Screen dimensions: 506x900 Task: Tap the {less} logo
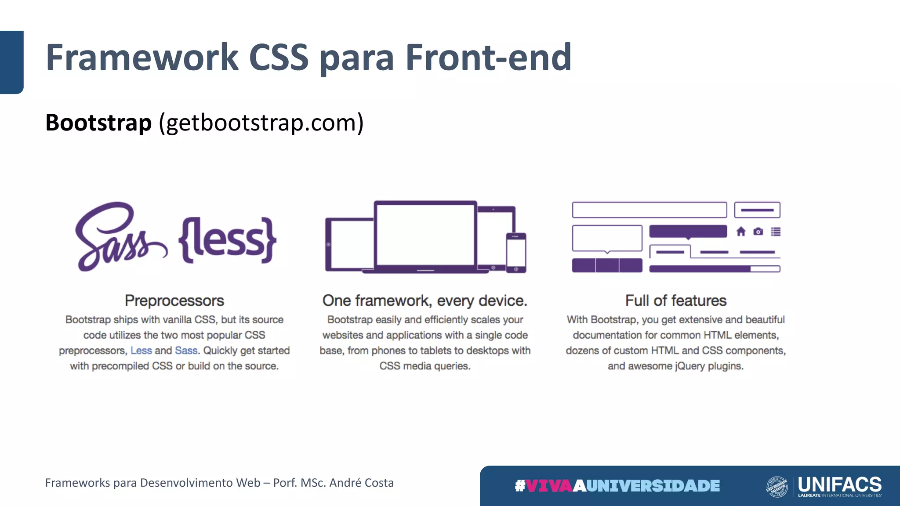pyautogui.click(x=227, y=240)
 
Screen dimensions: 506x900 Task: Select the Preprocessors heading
pyautogui.click(x=174, y=300)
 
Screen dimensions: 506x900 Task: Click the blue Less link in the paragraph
pyautogui.click(x=141, y=351)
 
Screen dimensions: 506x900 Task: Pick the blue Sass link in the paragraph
pyautogui.click(x=186, y=351)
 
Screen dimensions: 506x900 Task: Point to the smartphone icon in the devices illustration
pyautogui.click(x=516, y=253)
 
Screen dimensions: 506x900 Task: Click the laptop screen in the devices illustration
pyautogui.click(x=425, y=235)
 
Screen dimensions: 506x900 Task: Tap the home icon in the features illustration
pyautogui.click(x=741, y=231)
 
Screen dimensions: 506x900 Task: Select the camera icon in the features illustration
pyautogui.click(x=758, y=231)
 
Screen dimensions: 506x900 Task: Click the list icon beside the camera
pyautogui.click(x=776, y=231)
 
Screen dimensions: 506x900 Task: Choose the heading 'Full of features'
pyautogui.click(x=675, y=300)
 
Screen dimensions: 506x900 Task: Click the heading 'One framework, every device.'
pyautogui.click(x=425, y=300)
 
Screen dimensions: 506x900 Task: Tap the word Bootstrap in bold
pyautogui.click(x=98, y=123)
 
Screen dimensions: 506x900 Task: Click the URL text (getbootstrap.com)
pyautogui.click(x=261, y=123)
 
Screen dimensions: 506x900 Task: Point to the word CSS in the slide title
pyautogui.click(x=279, y=57)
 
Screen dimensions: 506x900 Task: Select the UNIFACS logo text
pyautogui.click(x=839, y=484)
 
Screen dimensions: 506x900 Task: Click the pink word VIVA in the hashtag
pyautogui.click(x=549, y=486)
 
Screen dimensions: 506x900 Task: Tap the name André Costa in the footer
pyautogui.click(x=361, y=483)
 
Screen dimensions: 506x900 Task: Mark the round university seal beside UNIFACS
pyautogui.click(x=777, y=487)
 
